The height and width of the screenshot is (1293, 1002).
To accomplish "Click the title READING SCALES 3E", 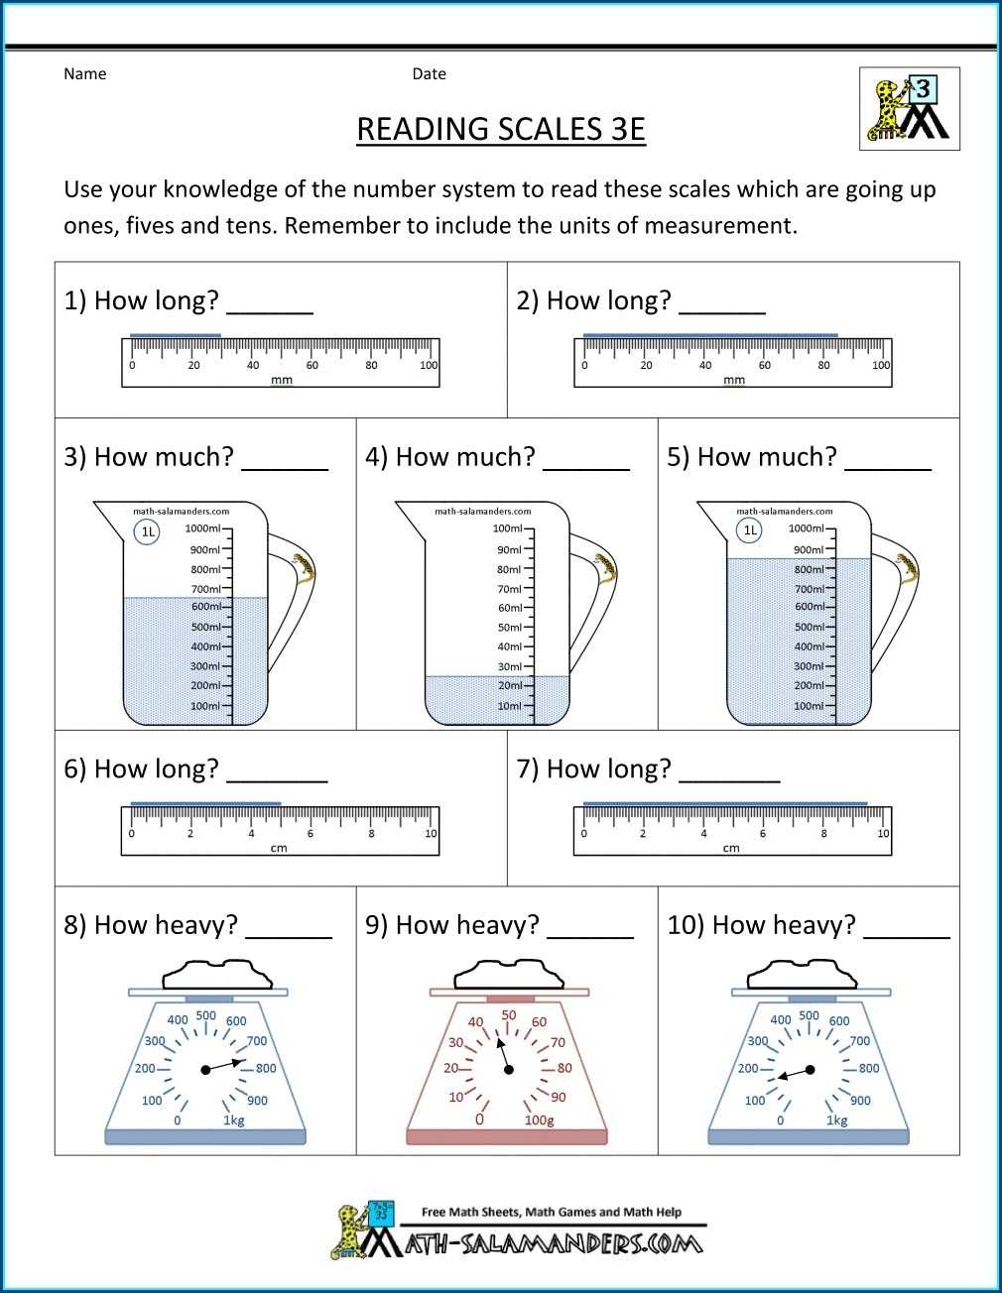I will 501,129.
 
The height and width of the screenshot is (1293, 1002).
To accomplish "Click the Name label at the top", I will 84,73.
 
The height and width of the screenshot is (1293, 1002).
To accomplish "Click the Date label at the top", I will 429,73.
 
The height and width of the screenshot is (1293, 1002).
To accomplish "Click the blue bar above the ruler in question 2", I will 710,335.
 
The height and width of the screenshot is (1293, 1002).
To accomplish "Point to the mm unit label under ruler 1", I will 282,380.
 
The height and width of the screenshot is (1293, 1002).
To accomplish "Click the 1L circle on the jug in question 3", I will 147,531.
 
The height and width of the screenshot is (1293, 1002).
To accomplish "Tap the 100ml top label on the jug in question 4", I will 508,529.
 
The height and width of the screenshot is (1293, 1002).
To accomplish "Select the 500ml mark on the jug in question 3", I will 205,627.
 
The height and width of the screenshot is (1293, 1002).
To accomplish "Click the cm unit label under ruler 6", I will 279,848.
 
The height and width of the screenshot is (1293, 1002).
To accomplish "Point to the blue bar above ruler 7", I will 725,803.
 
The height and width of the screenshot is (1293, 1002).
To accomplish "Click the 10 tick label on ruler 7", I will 883,834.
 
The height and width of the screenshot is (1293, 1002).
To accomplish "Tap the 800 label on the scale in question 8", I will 266,1068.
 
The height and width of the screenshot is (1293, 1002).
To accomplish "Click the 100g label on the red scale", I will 539,1120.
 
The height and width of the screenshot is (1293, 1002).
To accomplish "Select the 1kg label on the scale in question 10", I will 837,1120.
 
